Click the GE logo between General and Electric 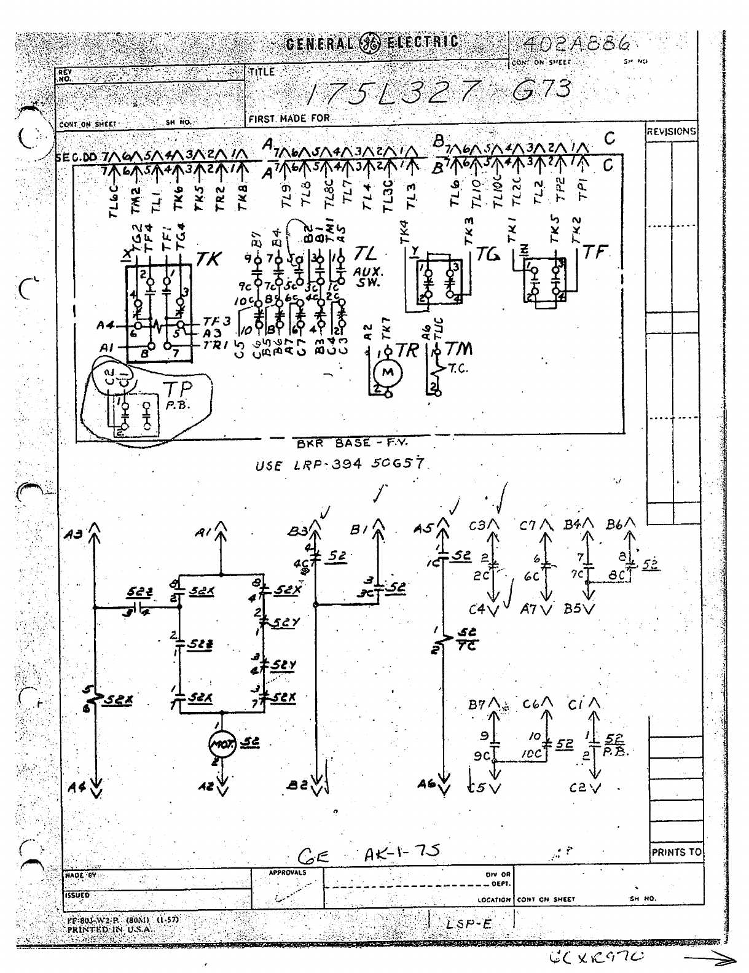pyautogui.click(x=371, y=43)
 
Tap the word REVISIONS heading pyautogui.click(x=671, y=131)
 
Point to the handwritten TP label pyautogui.click(x=177, y=388)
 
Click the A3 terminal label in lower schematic pyautogui.click(x=73, y=534)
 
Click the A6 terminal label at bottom pyautogui.click(x=426, y=784)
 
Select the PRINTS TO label pyautogui.click(x=676, y=852)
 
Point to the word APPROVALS pyautogui.click(x=287, y=872)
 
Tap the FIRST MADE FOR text pyautogui.click(x=289, y=118)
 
